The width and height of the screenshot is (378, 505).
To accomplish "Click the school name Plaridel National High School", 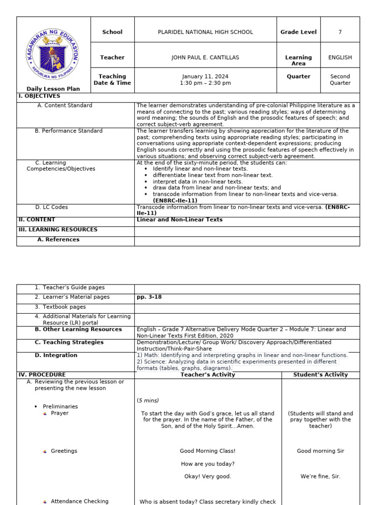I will coord(205,32).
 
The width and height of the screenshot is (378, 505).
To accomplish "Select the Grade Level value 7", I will coord(340,32).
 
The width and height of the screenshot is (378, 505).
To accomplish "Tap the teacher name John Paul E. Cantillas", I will coord(205,58).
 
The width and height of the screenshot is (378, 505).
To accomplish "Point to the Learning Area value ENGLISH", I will coord(340,58).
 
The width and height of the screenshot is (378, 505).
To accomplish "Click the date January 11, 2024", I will coord(205,76).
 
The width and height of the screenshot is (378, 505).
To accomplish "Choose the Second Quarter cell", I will coord(340,80).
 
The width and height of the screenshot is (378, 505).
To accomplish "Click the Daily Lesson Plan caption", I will coord(53,89).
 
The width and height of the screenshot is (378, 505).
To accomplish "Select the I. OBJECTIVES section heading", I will coord(39,96).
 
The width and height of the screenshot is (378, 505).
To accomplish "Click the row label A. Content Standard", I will coord(64,106).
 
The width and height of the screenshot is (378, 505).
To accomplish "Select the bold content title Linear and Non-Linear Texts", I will coord(180,220).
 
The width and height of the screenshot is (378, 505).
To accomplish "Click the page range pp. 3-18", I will coord(149,297).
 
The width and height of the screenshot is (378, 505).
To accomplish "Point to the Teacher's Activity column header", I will coord(208,375).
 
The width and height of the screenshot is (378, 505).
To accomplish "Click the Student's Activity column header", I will coord(320,375).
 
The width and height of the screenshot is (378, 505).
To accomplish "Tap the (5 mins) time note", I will coord(148,400).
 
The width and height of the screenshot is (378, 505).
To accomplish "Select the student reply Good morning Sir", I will coord(320,451).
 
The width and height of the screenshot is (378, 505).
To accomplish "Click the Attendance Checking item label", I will coord(79,502).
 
